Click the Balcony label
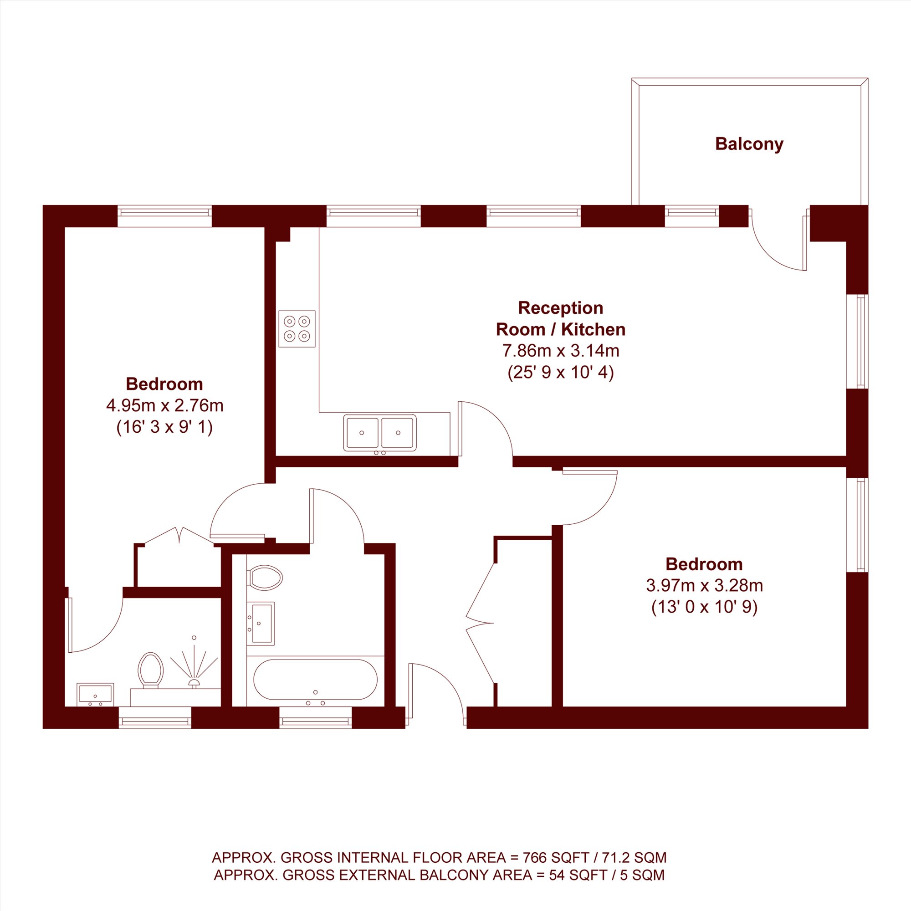point(749,144)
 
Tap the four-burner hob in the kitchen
point(297,329)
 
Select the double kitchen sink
point(379,432)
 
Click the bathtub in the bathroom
point(316,679)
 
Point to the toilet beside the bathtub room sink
point(265,578)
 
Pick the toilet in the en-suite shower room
point(150,670)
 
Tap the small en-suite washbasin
point(95,694)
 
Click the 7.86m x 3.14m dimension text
point(561,351)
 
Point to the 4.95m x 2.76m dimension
point(164,405)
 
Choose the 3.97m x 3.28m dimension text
point(704,585)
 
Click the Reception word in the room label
point(561,307)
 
